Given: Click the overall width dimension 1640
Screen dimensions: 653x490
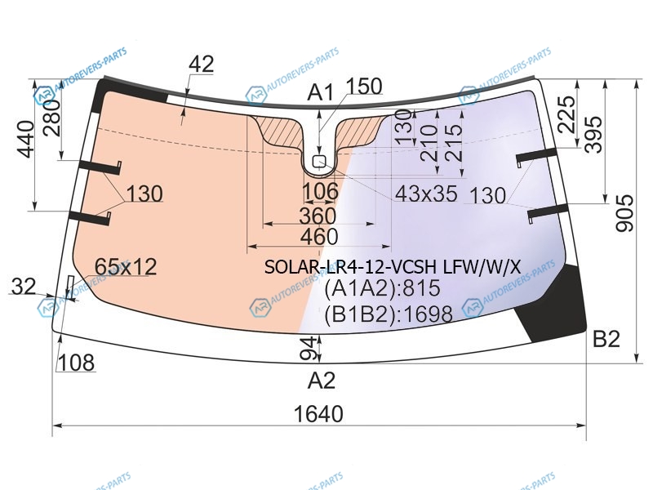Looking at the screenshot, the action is click(318, 414).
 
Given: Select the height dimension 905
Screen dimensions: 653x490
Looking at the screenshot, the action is click(624, 212).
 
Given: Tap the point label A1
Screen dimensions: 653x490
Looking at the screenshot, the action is click(320, 92).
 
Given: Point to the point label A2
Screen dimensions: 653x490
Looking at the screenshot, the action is click(321, 381).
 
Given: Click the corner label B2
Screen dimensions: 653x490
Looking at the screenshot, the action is click(606, 339).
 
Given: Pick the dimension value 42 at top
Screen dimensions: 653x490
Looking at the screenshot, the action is click(201, 65).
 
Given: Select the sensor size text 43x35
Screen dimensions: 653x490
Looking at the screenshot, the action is click(426, 194).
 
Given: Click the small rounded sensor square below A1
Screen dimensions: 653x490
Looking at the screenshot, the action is click(318, 161).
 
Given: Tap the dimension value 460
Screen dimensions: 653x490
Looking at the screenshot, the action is click(319, 237).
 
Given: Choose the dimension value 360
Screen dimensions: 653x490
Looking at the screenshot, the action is click(318, 216).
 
